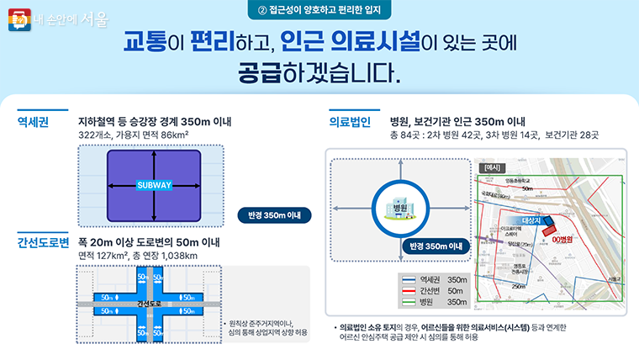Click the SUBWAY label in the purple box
tap(153, 184)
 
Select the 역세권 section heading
tap(33, 122)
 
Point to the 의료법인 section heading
tap(350, 122)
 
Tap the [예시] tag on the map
tap(492, 167)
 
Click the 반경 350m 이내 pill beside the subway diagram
tap(275, 214)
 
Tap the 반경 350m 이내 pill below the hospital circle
tap(434, 246)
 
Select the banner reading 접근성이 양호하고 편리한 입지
tap(319, 11)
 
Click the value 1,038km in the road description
tap(179, 256)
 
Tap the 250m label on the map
tap(520, 286)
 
